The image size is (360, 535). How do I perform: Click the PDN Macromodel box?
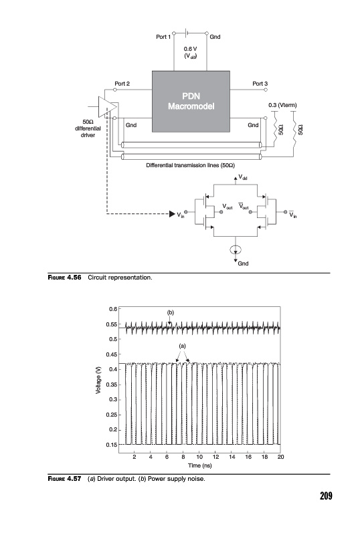pyautogui.click(x=191, y=102)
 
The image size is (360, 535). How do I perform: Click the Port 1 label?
pyautogui.click(x=163, y=37)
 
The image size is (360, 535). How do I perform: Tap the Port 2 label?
pyautogui.click(x=122, y=84)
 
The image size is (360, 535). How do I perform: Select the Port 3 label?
pyautogui.click(x=260, y=84)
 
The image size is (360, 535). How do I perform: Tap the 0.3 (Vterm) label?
pyautogui.click(x=282, y=105)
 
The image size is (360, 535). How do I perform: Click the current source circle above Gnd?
pyautogui.click(x=236, y=250)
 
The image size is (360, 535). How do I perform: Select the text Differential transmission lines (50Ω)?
pyautogui.click(x=190, y=165)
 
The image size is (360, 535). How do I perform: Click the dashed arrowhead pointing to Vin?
pyautogui.click(x=172, y=214)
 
